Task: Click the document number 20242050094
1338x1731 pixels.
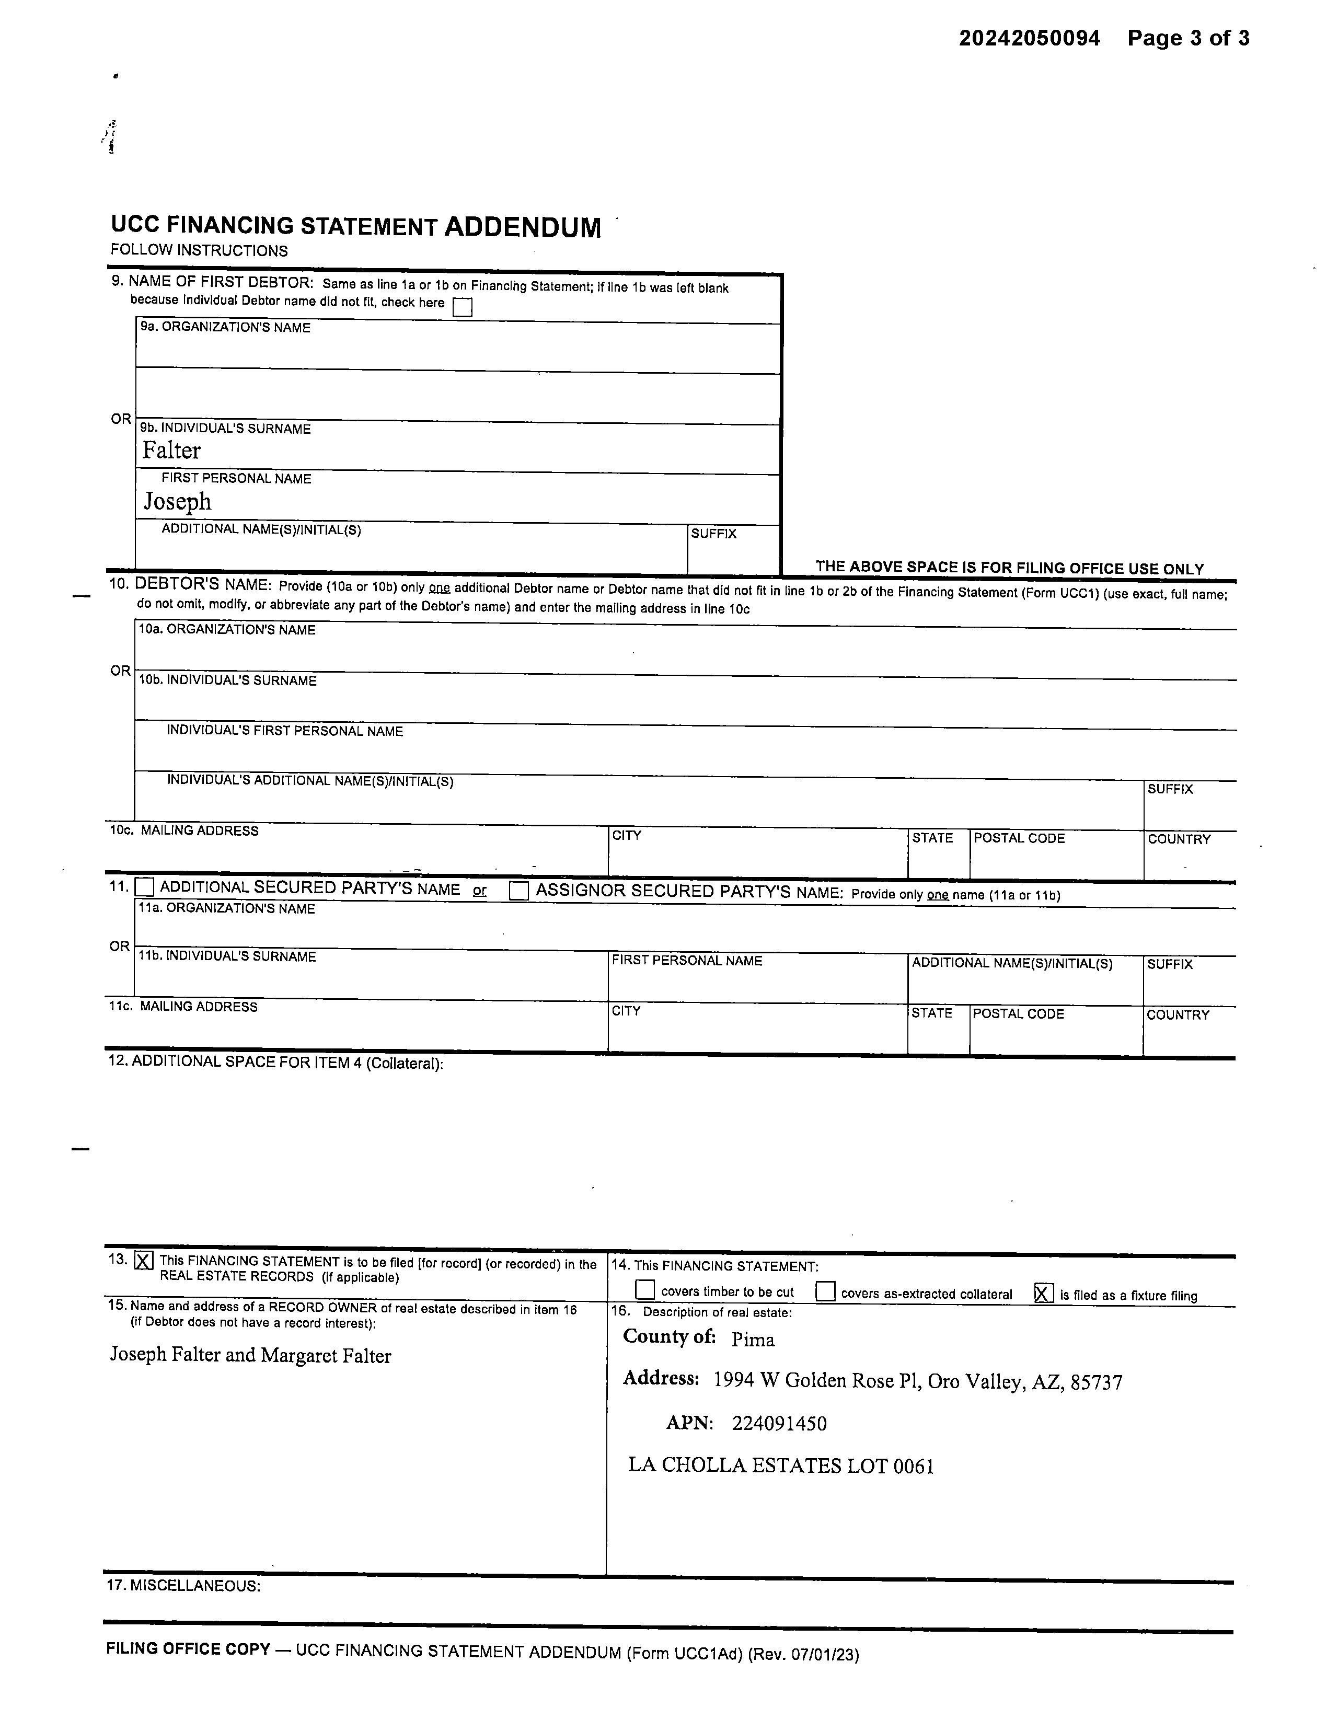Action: pyautogui.click(x=1029, y=38)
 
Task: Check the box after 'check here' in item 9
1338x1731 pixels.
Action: pyautogui.click(x=462, y=307)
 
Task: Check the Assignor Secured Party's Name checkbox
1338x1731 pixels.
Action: pyautogui.click(x=518, y=891)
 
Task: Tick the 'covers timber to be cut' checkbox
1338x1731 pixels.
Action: pyautogui.click(x=645, y=1290)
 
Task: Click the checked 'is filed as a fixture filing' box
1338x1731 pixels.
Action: pyautogui.click(x=1044, y=1294)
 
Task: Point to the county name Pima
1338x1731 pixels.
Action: pyautogui.click(x=753, y=1340)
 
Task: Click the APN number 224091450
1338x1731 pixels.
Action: pyautogui.click(x=779, y=1424)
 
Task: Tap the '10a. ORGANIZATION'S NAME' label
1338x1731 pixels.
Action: pyautogui.click(x=227, y=630)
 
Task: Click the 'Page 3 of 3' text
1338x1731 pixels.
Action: pyautogui.click(x=1188, y=38)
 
